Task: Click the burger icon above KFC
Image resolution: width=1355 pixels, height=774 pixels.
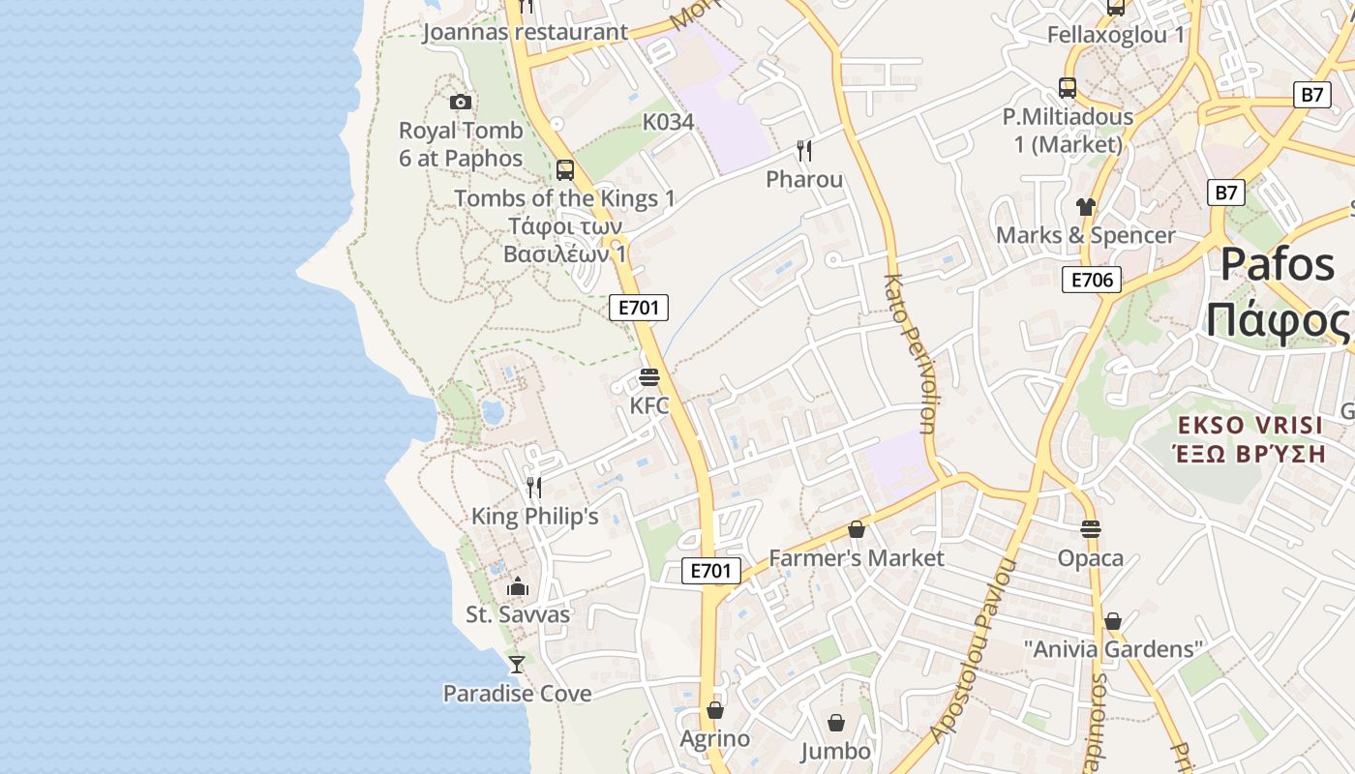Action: [649, 377]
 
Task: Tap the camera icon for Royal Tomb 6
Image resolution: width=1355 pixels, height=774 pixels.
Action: [461, 102]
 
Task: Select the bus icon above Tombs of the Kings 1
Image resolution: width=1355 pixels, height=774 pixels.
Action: [565, 170]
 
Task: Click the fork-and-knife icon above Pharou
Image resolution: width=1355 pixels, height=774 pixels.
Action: [804, 151]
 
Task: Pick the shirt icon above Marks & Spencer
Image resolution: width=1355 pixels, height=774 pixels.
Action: [1086, 207]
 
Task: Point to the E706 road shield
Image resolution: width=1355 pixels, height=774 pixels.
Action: [1092, 281]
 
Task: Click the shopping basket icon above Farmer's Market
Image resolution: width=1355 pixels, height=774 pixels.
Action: [856, 529]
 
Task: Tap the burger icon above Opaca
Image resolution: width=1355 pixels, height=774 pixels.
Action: [1091, 529]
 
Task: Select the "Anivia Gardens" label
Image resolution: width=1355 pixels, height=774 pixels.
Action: [1113, 648]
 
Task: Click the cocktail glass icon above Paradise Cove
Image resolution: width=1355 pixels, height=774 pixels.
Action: [517, 665]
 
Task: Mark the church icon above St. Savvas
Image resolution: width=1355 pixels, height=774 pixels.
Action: [518, 586]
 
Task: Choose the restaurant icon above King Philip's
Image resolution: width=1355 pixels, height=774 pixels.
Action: [534, 487]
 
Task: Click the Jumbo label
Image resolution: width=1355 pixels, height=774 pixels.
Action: [836, 751]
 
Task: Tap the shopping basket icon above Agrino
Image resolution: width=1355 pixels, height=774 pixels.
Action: [715, 710]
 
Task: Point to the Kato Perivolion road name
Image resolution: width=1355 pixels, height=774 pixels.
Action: [910, 353]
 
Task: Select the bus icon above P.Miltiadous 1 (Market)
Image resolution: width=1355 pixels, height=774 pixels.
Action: [1068, 88]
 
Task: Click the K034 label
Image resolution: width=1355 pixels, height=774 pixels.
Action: [669, 122]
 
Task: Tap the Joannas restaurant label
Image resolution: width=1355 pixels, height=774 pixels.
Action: [525, 32]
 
